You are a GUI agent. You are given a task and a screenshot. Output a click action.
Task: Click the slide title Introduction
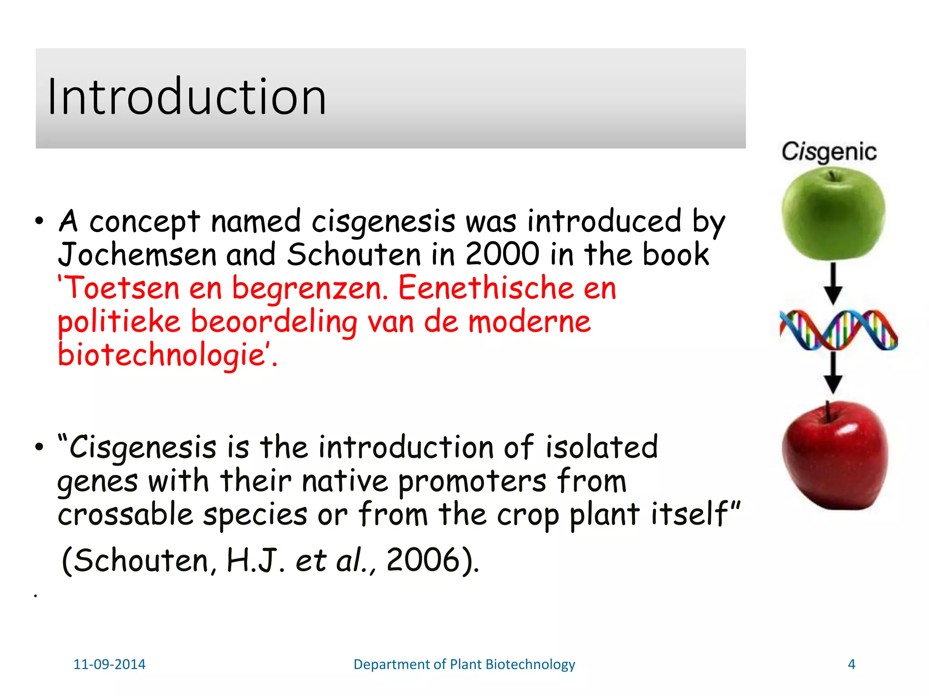point(186,97)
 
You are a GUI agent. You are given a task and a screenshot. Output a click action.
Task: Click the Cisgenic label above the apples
point(828,152)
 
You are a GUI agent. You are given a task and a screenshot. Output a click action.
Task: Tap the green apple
point(833,214)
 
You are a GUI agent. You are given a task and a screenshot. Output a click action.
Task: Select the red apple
point(835,458)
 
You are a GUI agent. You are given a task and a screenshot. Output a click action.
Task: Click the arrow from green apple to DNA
point(833,284)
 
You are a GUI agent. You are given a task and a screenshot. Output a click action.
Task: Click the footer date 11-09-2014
point(109,664)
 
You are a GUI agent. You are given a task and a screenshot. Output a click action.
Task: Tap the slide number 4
point(851,664)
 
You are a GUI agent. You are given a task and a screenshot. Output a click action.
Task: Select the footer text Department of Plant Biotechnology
point(464,664)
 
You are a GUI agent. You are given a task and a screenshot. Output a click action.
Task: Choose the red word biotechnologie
point(161,355)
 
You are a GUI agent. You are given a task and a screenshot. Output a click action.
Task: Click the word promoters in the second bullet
point(472,481)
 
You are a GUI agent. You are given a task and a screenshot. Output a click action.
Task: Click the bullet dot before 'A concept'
point(39,222)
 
